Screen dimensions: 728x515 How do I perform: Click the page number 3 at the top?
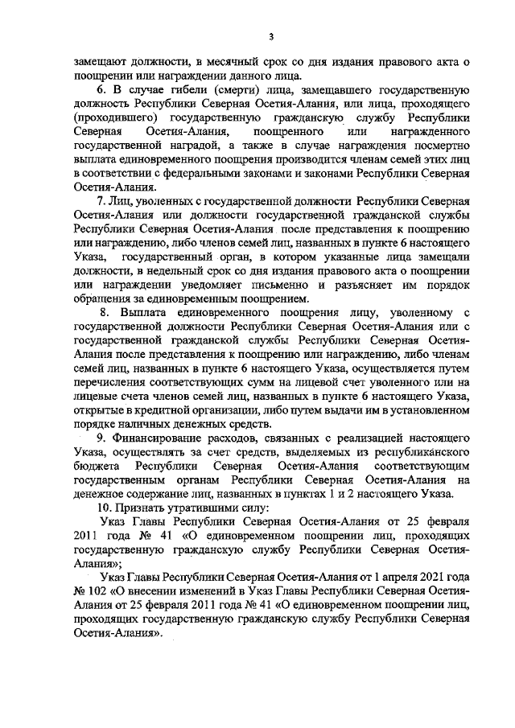pyautogui.click(x=271, y=35)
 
